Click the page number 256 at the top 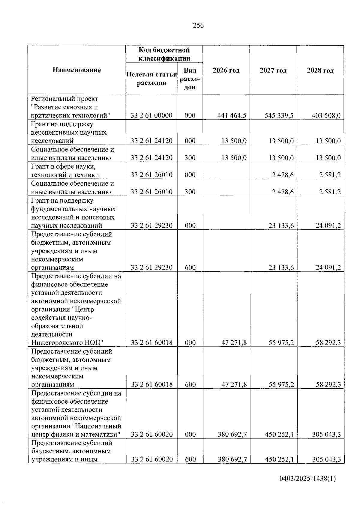pyautogui.click(x=198, y=25)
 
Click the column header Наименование pyautogui.click(x=77, y=70)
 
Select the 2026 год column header pyautogui.click(x=226, y=70)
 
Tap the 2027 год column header pyautogui.click(x=273, y=70)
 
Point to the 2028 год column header pyautogui.click(x=320, y=70)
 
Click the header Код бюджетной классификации pyautogui.click(x=164, y=54)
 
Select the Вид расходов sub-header pyautogui.click(x=190, y=79)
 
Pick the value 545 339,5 pyautogui.click(x=279, y=115)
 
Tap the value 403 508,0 pyautogui.click(x=326, y=115)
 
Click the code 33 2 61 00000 pyautogui.click(x=151, y=115)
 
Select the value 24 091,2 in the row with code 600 pyautogui.click(x=328, y=267)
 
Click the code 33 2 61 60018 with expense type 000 pyautogui.click(x=151, y=342)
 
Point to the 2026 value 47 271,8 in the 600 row pyautogui.click(x=234, y=384)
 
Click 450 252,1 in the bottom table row pyautogui.click(x=279, y=459)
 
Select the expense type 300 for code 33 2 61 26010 pyautogui.click(x=190, y=192)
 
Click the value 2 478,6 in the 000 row pyautogui.click(x=283, y=175)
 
